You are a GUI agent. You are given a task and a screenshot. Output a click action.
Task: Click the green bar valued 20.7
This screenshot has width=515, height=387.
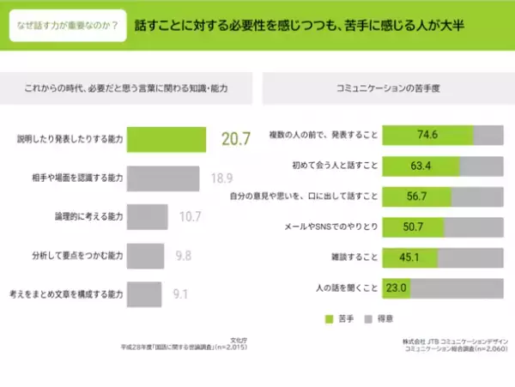point(168,138)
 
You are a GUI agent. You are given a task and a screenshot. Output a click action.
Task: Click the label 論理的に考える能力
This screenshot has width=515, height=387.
point(88,216)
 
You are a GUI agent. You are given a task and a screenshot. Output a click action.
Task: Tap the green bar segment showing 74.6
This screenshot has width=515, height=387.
point(427,135)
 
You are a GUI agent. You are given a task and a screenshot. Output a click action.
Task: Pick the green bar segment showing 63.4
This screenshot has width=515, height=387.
point(420,165)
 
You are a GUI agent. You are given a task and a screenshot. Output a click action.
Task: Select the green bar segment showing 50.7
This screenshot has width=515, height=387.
point(413,227)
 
